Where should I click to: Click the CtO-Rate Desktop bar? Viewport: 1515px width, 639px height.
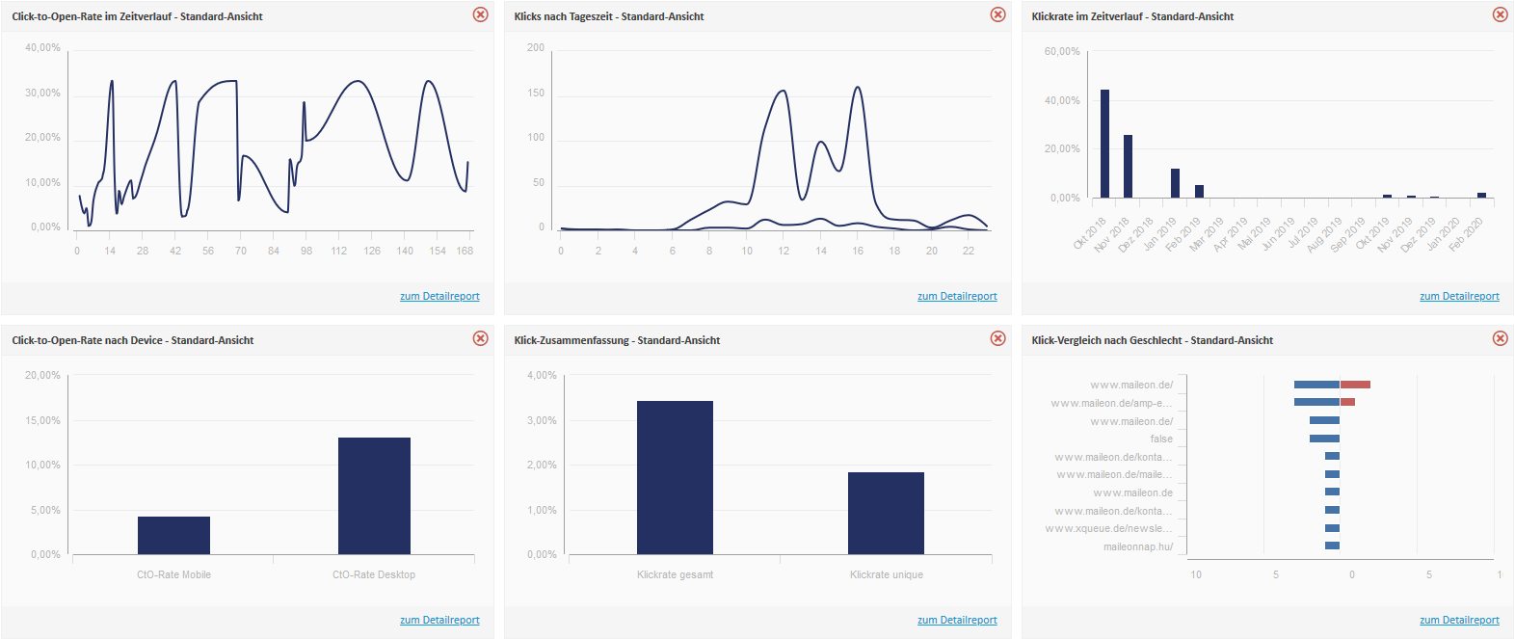click(x=374, y=495)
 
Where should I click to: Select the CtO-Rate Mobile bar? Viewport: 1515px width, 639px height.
click(x=173, y=535)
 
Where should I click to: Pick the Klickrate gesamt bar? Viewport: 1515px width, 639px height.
click(x=675, y=477)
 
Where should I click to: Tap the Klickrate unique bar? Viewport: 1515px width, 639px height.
click(x=886, y=513)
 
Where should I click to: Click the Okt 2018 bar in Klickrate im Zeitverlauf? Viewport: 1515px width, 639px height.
click(x=1104, y=144)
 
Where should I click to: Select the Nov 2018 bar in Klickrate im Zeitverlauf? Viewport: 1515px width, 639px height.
click(x=1128, y=166)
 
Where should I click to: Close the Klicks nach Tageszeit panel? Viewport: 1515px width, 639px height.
click(x=997, y=14)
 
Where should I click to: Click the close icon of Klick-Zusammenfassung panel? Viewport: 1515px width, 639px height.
click(x=997, y=338)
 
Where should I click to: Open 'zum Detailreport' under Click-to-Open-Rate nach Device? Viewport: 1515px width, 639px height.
click(x=439, y=620)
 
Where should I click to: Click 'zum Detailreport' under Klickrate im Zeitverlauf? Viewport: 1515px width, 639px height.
click(x=1459, y=296)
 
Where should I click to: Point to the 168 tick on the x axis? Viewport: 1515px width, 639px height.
click(x=465, y=251)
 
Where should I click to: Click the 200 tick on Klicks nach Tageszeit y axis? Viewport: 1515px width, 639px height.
click(x=536, y=47)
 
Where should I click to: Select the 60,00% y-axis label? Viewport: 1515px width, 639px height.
click(x=1062, y=51)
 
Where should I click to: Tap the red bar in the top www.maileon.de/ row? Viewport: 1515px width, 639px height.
click(x=1355, y=385)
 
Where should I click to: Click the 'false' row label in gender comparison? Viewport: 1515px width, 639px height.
click(x=1161, y=439)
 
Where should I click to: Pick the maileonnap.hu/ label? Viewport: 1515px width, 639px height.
click(x=1138, y=546)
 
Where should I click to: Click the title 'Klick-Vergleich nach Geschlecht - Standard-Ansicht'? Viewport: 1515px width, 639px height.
click(x=1152, y=340)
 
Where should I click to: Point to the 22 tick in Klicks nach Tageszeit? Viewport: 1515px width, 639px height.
click(x=969, y=251)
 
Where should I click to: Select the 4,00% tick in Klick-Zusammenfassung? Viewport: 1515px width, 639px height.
click(x=542, y=375)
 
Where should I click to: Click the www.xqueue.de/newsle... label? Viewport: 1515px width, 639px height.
click(x=1109, y=528)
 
